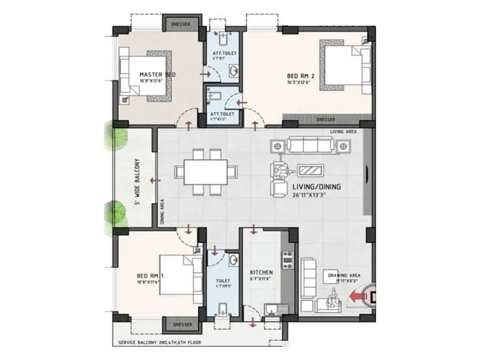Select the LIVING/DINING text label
[x=317, y=187]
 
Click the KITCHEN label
[x=262, y=272]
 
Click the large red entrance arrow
[x=359, y=296]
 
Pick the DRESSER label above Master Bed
[x=180, y=25]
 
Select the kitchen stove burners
[x=287, y=260]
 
